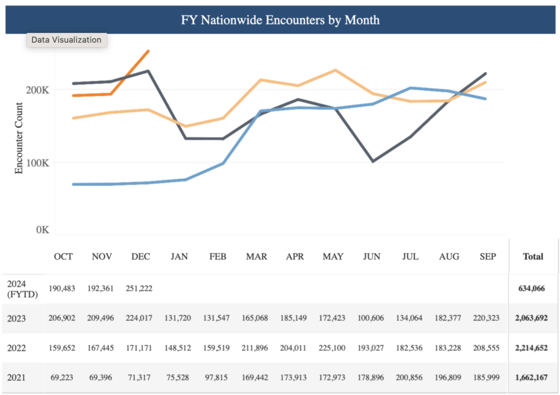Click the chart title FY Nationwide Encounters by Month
(x=280, y=20)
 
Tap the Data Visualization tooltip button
(x=66, y=40)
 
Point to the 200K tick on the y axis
(x=38, y=90)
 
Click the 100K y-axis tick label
(x=38, y=162)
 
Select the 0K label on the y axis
(x=42, y=230)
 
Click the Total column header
(x=533, y=256)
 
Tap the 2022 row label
(x=16, y=347)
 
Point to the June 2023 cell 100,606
(x=371, y=318)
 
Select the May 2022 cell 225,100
(x=333, y=347)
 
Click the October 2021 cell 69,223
(x=63, y=377)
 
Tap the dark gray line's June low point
(x=373, y=161)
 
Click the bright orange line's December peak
(x=148, y=51)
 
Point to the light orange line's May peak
(x=335, y=70)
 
